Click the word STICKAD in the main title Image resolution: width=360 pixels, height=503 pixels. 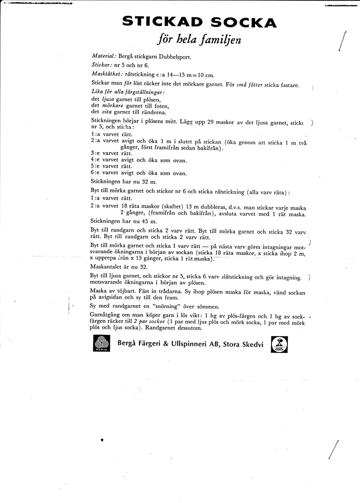click(x=162, y=22)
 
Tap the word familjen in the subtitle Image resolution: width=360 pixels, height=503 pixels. click(x=222, y=41)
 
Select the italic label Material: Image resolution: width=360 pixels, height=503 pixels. click(x=104, y=55)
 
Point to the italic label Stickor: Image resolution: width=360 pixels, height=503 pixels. click(x=102, y=65)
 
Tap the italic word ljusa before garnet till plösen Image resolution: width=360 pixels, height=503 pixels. click(x=108, y=99)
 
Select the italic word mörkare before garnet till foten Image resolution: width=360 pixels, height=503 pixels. click(x=112, y=105)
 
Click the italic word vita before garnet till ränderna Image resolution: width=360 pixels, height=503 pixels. click(x=107, y=111)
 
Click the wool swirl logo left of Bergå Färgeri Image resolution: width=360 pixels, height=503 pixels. click(x=101, y=344)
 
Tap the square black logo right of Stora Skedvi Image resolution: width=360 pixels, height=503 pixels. click(x=279, y=344)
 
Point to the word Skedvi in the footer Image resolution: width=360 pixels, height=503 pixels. click(x=252, y=344)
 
